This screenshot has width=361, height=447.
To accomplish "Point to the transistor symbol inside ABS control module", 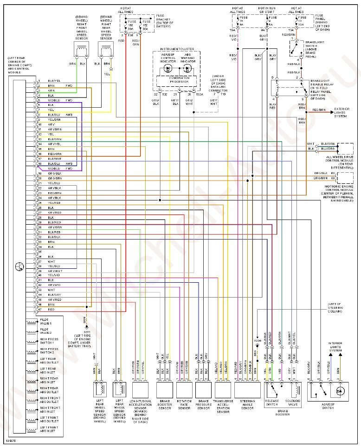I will click(19, 266).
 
